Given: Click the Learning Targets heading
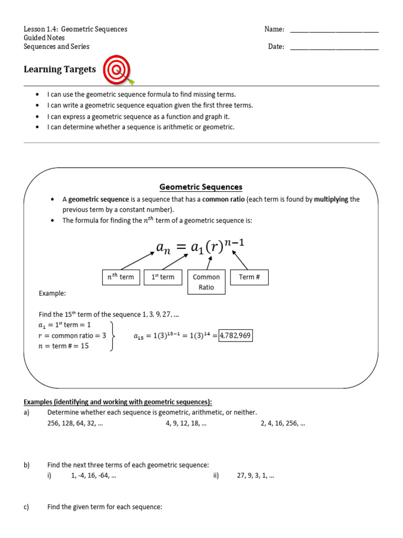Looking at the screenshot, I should [x=60, y=69].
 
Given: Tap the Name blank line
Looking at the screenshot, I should [x=334, y=30].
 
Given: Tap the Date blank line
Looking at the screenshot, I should [x=334, y=47].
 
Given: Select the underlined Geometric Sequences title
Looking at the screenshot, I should [x=201, y=187].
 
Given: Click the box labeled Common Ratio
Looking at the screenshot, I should [x=206, y=282].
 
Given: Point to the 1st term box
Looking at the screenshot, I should [x=163, y=277].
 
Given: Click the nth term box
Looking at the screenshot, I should [x=121, y=277].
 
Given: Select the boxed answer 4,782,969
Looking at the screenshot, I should [x=236, y=335].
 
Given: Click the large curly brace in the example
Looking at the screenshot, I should [x=112, y=336].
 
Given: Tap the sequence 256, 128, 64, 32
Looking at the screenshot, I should [x=75, y=423].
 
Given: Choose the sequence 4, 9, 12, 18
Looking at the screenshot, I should [x=186, y=423].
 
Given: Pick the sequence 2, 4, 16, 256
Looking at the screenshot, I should [x=283, y=423].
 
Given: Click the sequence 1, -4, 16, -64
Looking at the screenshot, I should [x=93, y=475].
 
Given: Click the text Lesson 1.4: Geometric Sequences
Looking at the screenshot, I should [x=76, y=29].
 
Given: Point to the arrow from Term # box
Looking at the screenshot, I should [x=240, y=260].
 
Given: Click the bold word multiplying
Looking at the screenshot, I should [x=331, y=200].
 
